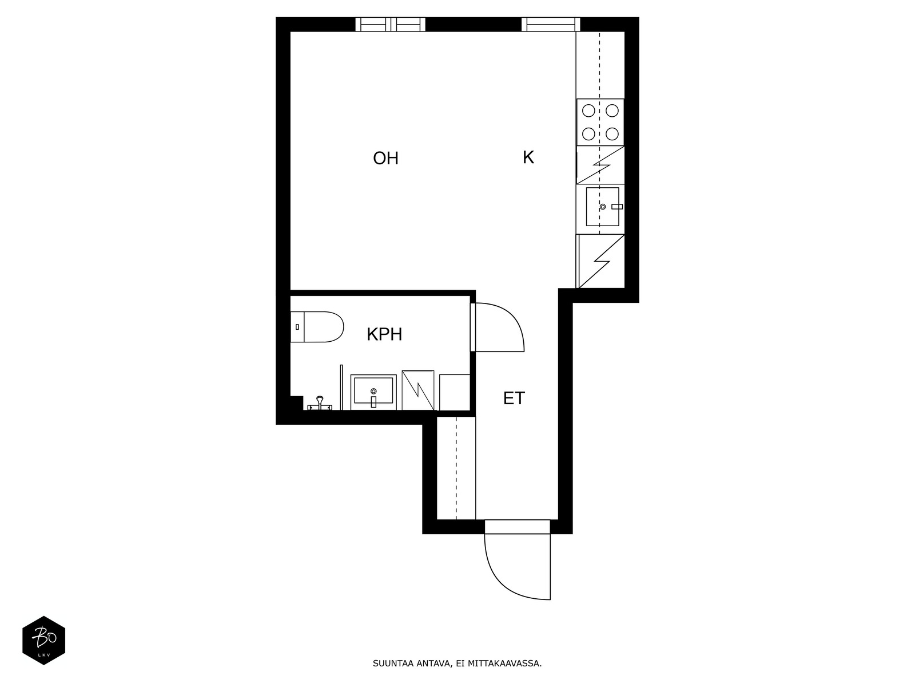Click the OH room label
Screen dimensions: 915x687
point(385,158)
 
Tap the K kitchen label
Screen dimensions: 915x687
point(528,157)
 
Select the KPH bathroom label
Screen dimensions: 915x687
point(384,334)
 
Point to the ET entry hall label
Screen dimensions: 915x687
point(514,398)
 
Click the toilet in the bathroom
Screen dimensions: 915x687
point(317,326)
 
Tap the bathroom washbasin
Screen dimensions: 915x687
point(373,392)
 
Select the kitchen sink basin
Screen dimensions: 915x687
point(602,207)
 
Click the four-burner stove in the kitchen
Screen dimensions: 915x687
point(600,122)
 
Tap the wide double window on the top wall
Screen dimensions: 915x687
point(390,24)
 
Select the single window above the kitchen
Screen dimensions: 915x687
point(550,24)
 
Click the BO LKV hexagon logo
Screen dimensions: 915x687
point(43,640)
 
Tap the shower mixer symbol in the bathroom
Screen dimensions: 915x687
point(320,404)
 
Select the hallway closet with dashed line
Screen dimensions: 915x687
point(456,468)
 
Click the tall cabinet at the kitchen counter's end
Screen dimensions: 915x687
point(600,261)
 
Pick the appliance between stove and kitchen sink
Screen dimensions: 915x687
point(600,165)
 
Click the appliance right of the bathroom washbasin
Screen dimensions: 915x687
point(417,390)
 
